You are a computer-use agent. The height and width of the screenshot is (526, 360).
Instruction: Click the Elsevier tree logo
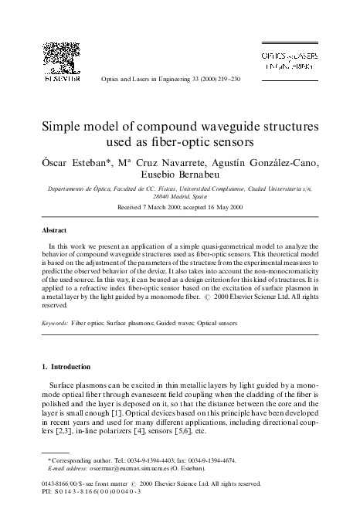(x=61, y=57)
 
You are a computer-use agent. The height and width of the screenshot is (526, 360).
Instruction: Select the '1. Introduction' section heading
(x=72, y=366)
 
